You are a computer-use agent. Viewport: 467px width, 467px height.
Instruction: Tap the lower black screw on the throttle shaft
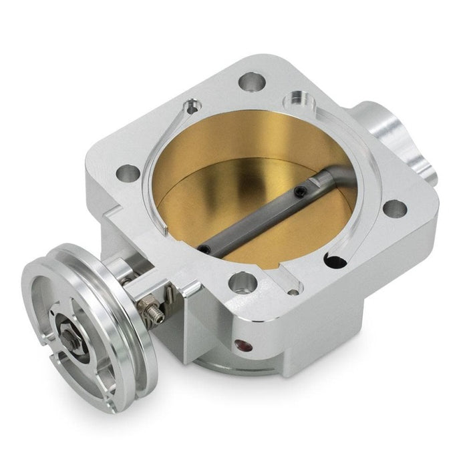[203, 248]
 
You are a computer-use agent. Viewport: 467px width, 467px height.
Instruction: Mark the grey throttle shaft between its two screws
[251, 221]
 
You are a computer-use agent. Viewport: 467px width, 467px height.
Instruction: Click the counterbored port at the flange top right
[296, 104]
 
